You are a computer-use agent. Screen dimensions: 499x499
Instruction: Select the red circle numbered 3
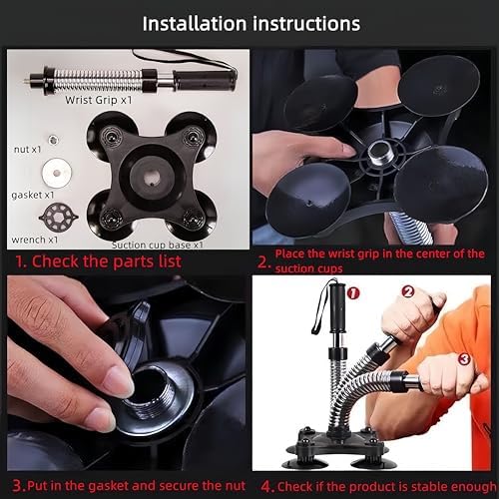[x=463, y=358]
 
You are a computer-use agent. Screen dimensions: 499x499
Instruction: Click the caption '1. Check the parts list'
[x=98, y=263]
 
